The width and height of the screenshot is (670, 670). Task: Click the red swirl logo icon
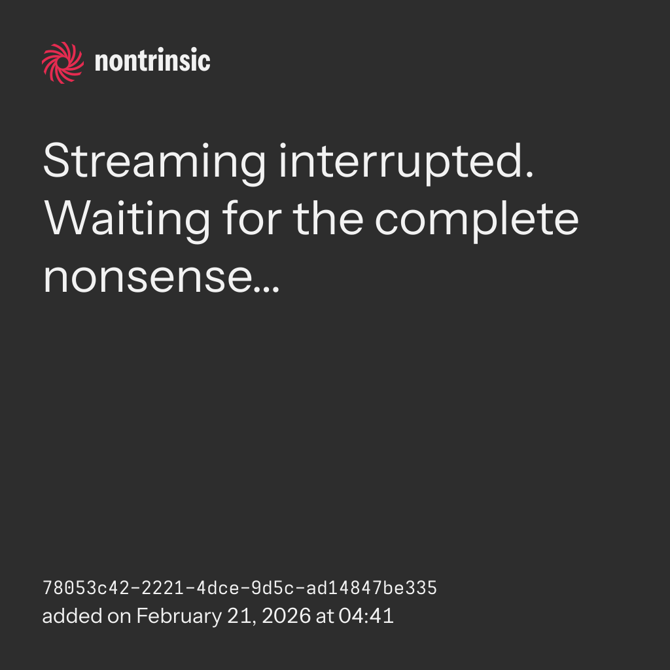pos(63,63)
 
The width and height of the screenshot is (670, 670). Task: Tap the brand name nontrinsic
pos(152,61)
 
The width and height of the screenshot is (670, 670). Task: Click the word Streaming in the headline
pos(154,162)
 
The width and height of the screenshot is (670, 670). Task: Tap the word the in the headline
pos(328,218)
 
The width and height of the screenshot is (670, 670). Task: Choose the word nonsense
pos(148,278)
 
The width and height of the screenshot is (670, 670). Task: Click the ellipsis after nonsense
pos(267,289)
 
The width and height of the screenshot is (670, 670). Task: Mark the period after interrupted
pos(530,174)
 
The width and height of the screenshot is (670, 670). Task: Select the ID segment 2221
pos(163,588)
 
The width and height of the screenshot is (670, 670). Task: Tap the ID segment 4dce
pos(217,588)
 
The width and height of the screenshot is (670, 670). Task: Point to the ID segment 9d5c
pos(273,588)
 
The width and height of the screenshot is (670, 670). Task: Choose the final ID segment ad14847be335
pos(372,588)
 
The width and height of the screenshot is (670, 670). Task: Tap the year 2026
pos(286,616)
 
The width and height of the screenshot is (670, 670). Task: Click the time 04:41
pos(366,616)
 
